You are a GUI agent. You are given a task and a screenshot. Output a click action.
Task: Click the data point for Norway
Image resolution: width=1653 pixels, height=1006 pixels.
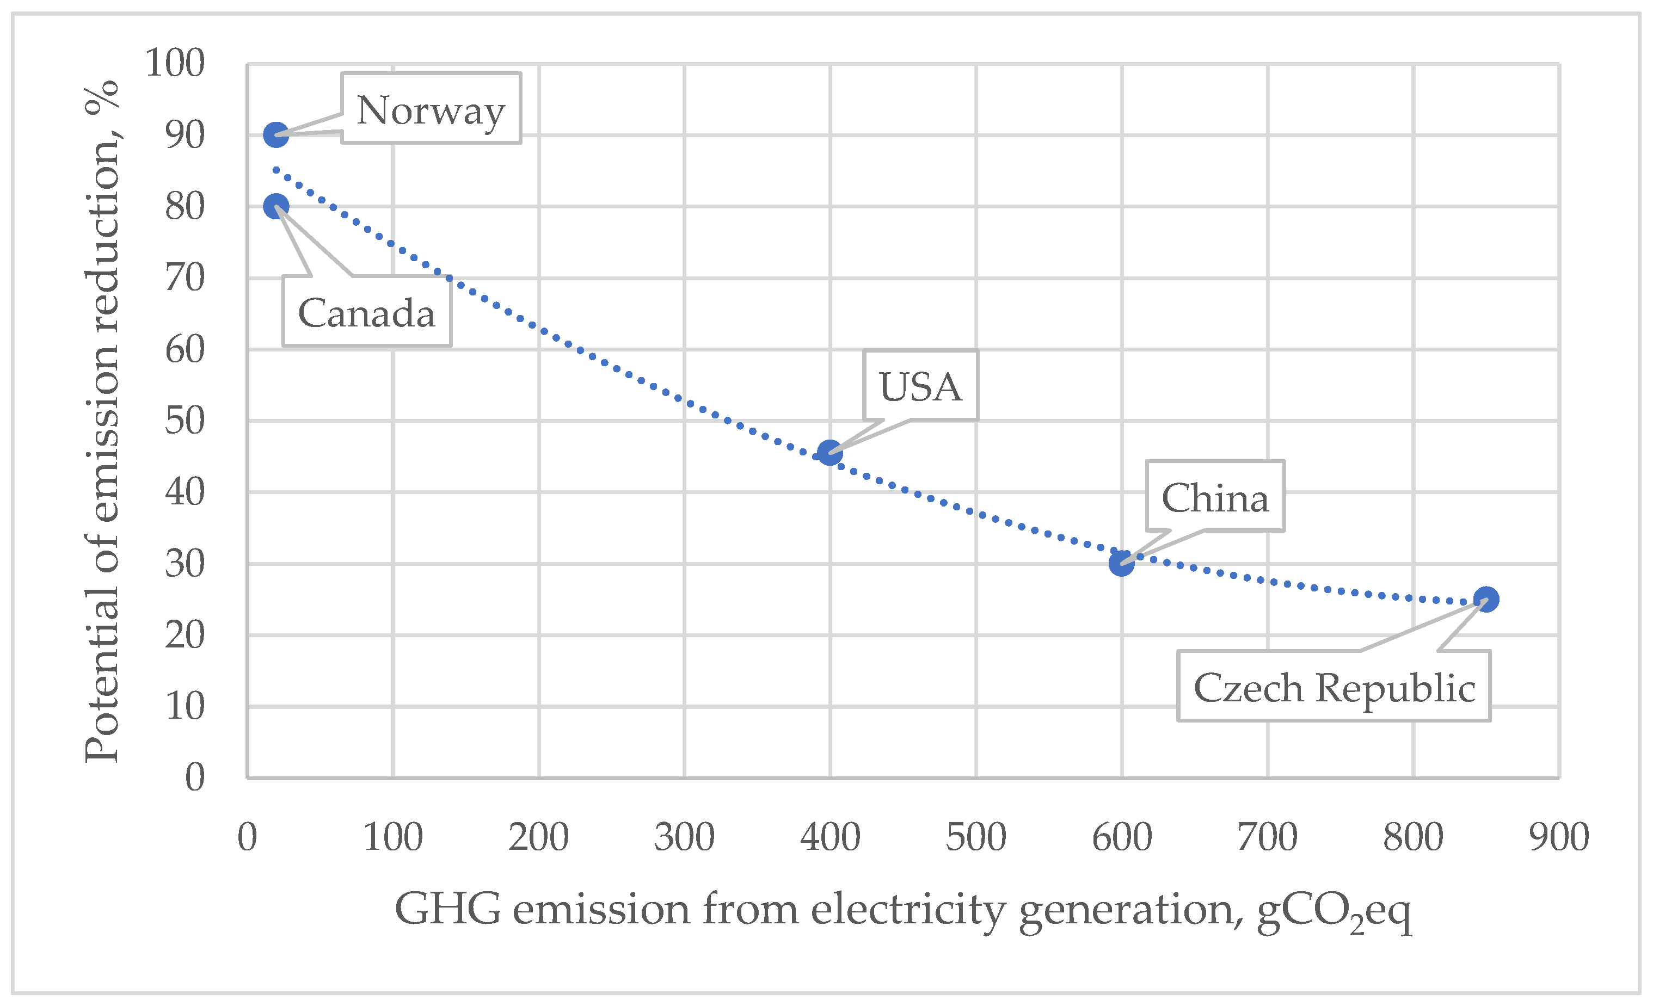(276, 135)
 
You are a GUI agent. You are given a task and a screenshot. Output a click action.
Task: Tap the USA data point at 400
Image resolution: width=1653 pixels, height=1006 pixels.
(830, 453)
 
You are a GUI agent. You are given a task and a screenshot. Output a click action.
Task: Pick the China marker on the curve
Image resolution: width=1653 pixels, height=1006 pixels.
(1121, 563)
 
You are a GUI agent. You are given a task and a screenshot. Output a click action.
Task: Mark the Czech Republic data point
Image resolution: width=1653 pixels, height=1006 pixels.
(1486, 599)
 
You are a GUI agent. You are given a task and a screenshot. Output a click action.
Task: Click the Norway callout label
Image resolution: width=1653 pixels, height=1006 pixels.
(431, 109)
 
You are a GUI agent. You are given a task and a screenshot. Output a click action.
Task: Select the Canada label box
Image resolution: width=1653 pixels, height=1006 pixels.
(366, 312)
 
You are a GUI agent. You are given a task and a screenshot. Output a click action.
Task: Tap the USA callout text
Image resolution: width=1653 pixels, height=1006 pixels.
(920, 386)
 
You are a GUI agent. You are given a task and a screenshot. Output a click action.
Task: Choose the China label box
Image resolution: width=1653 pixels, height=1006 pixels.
(1215, 498)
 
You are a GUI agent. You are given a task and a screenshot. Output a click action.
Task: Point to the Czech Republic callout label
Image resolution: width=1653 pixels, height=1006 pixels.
(1334, 687)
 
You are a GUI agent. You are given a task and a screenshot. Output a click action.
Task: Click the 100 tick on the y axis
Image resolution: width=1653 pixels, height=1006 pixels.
(174, 63)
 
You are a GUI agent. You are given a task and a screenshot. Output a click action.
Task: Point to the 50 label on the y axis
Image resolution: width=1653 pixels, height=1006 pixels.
(185, 421)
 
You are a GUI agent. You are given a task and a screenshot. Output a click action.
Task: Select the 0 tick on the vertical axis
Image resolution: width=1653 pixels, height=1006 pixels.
(194, 777)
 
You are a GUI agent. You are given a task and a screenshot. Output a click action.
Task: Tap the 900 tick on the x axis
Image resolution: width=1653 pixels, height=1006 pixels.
(1558, 837)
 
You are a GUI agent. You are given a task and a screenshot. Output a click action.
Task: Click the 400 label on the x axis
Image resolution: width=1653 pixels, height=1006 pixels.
(830, 837)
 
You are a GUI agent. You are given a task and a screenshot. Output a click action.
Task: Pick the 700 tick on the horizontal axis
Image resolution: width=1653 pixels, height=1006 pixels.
(1267, 837)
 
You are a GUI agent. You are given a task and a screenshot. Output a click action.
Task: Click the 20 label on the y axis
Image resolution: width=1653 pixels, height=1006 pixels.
(185, 635)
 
